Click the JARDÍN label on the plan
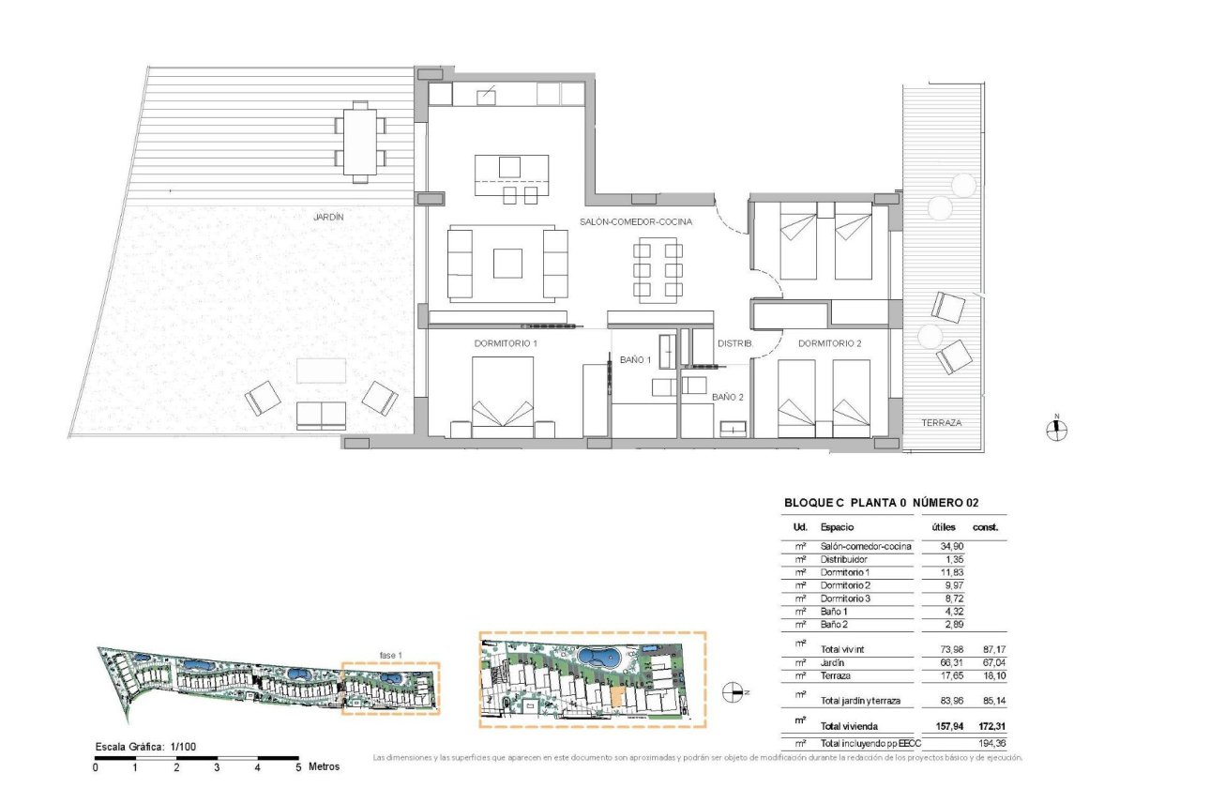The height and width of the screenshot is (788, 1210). pyautogui.click(x=328, y=217)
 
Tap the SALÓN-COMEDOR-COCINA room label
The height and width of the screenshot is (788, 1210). pyautogui.click(x=636, y=222)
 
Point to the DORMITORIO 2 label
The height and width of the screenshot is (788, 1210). pyautogui.click(x=829, y=343)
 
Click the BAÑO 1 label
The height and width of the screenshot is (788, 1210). pyautogui.click(x=635, y=359)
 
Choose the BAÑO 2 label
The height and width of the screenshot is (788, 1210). pyautogui.click(x=727, y=397)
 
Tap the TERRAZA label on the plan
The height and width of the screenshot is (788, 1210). pyautogui.click(x=941, y=423)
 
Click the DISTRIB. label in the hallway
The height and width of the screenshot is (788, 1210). pyautogui.click(x=734, y=343)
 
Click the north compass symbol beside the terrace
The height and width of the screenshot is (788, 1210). pyautogui.click(x=1057, y=430)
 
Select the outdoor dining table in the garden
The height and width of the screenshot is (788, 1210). pyautogui.click(x=359, y=142)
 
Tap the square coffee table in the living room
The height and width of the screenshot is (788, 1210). pyautogui.click(x=507, y=263)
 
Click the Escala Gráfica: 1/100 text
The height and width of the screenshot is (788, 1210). pyautogui.click(x=145, y=747)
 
